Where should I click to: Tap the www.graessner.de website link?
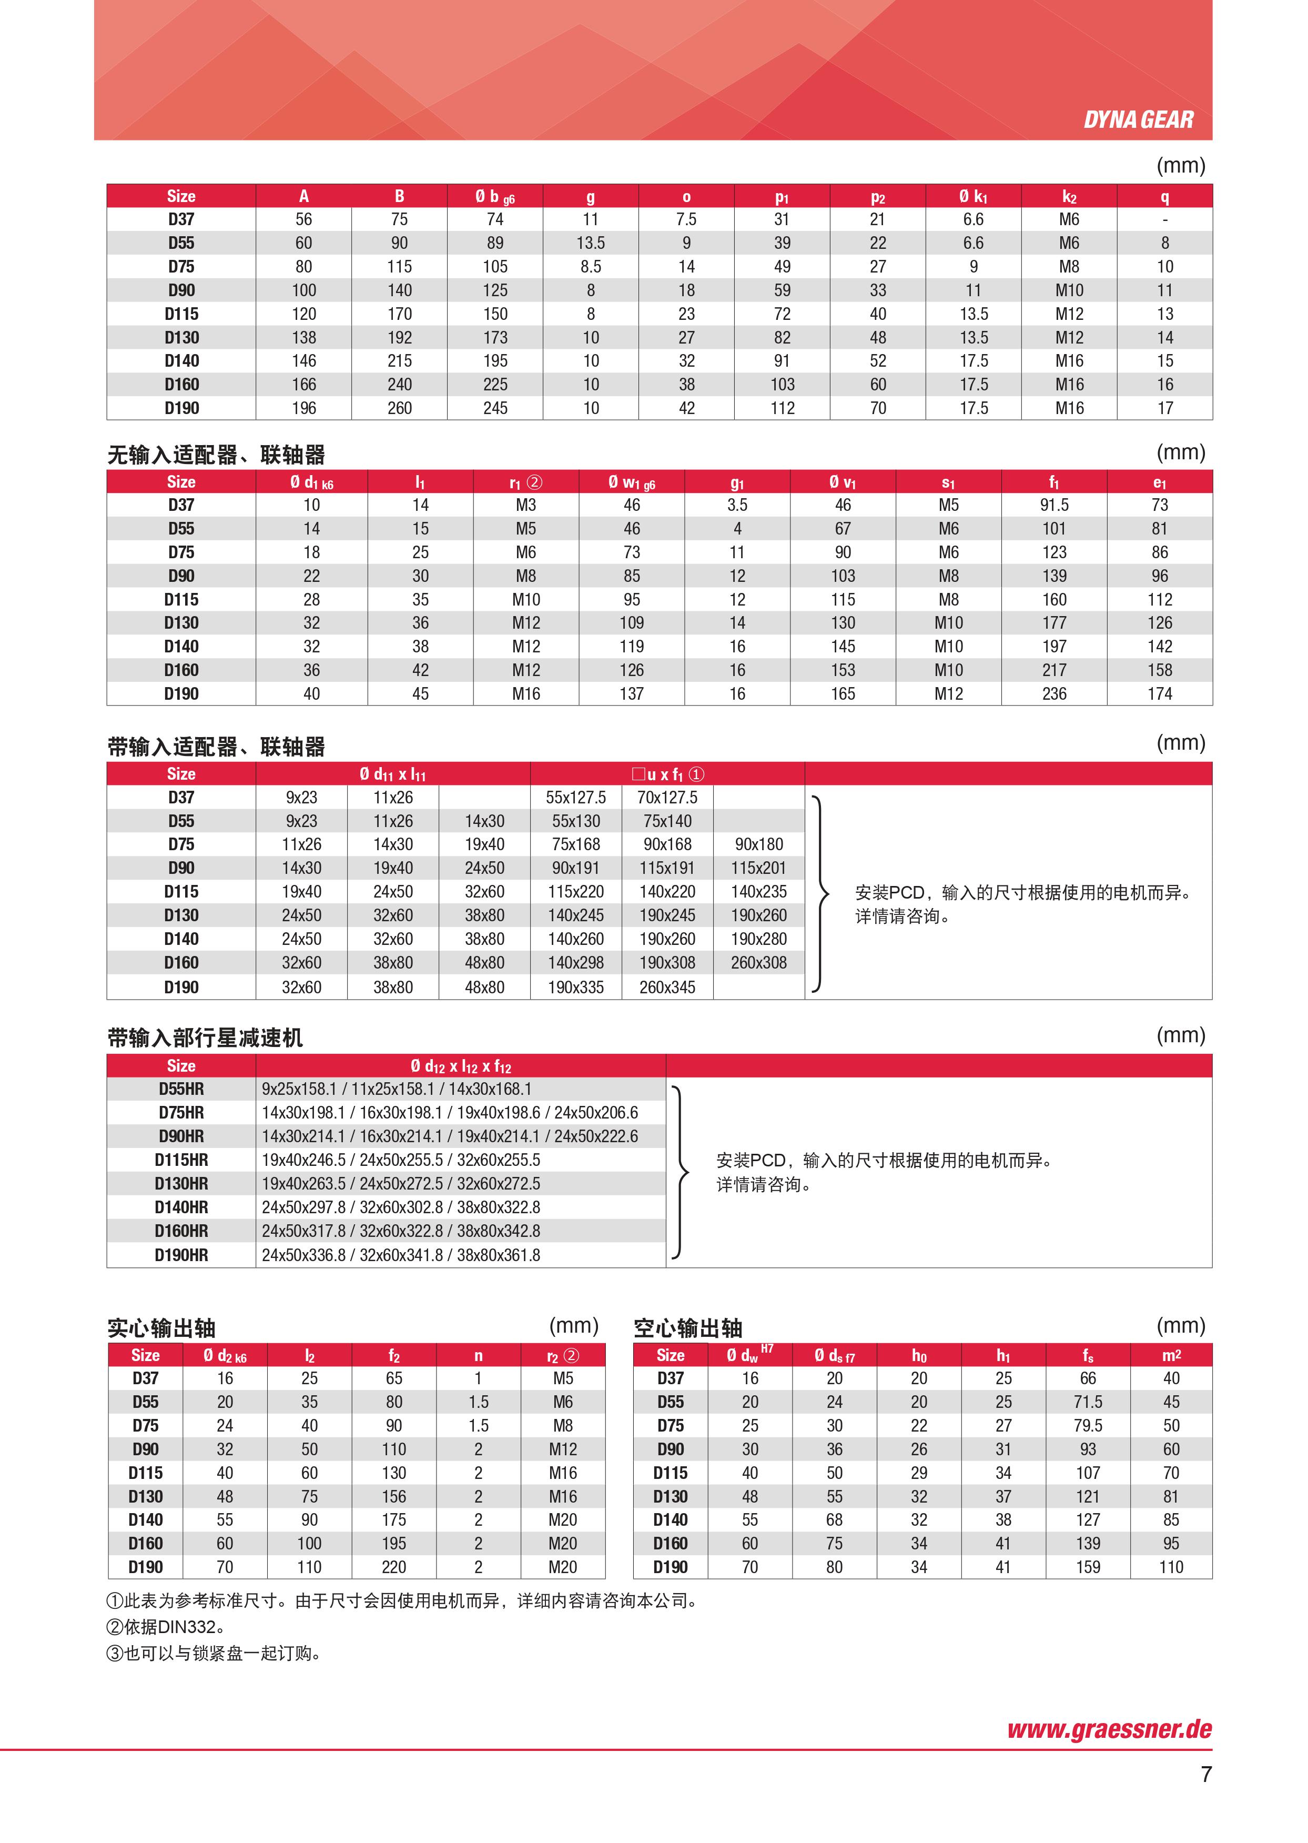click(x=1109, y=1729)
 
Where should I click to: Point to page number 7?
click(x=1206, y=1775)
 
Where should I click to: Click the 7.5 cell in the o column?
click(x=686, y=219)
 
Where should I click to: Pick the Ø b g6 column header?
click(x=494, y=197)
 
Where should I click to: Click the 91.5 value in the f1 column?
click(x=1053, y=505)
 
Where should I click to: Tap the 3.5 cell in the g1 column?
click(x=737, y=505)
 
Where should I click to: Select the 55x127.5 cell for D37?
click(x=576, y=798)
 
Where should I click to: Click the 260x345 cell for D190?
click(x=667, y=987)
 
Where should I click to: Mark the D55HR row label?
click(x=181, y=1089)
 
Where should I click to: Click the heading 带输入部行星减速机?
click(x=206, y=1038)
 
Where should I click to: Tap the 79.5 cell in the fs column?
click(x=1087, y=1426)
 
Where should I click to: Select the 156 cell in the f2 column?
click(x=394, y=1497)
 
